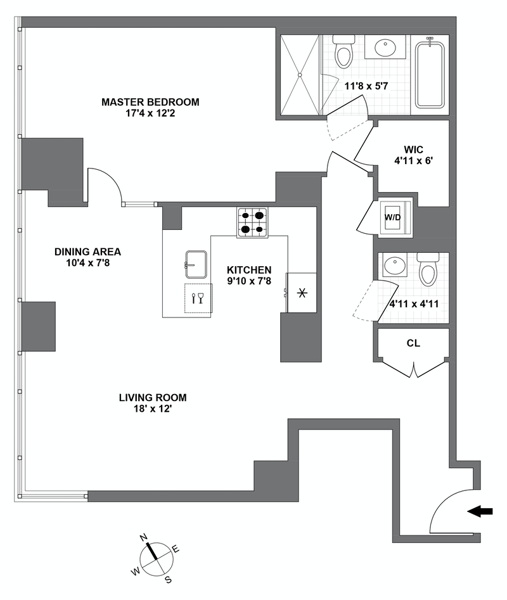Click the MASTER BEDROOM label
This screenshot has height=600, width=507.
click(150, 102)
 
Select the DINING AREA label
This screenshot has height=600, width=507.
click(87, 252)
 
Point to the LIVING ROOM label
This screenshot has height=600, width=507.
click(153, 398)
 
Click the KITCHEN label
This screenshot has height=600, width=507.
click(249, 269)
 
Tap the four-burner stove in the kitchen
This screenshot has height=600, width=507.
click(252, 222)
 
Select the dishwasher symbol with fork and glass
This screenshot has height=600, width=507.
click(197, 297)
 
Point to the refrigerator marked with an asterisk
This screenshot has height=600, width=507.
click(302, 293)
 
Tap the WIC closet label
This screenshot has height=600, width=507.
click(412, 151)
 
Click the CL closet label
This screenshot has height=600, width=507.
click(413, 344)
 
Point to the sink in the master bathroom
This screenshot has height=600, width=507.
click(385, 48)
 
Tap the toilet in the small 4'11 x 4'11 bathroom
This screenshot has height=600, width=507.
click(429, 270)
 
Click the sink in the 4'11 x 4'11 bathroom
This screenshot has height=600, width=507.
click(397, 265)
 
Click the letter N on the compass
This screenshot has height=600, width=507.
click(144, 537)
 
